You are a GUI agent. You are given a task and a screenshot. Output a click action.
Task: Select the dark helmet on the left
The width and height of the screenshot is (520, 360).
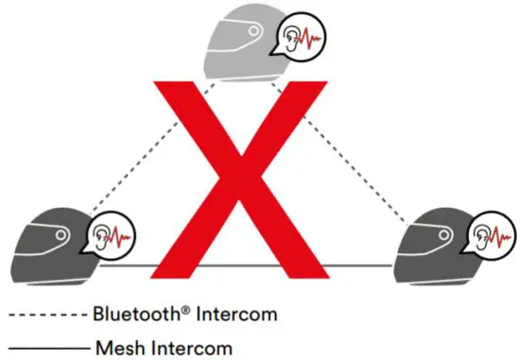(x=47, y=246)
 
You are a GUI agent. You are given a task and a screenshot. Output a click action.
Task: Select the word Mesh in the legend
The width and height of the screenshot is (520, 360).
(x=116, y=347)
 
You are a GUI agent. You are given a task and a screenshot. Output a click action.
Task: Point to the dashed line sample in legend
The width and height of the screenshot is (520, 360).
(x=47, y=313)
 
